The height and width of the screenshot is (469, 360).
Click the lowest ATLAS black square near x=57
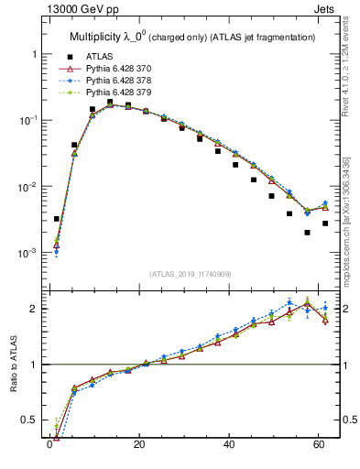307,233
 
